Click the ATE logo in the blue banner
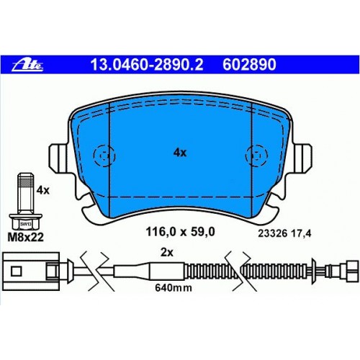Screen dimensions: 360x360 pos(27,66)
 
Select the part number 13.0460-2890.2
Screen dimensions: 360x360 pos(147,65)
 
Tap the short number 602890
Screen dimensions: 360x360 pos(249,65)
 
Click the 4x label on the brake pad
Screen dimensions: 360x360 pos(180,153)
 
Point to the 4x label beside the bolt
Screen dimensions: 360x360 pos(42,190)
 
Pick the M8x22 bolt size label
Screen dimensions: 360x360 pos(26,238)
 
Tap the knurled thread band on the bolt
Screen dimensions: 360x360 pos(26,184)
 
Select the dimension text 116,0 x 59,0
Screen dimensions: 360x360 pos(180,232)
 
